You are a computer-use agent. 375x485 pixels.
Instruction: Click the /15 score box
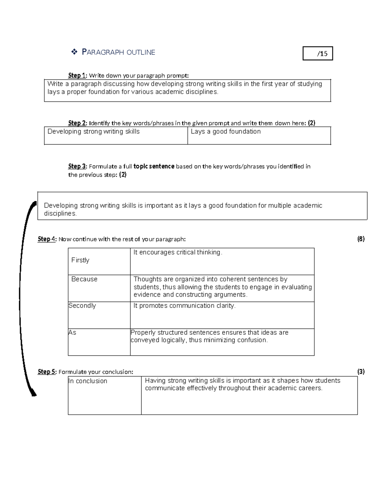coord(317,53)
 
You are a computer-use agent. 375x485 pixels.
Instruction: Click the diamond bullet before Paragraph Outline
coord(74,52)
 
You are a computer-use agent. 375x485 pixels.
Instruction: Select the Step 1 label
coord(77,75)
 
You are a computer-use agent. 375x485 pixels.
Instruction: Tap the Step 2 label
coord(77,123)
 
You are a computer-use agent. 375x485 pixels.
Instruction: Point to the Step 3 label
coord(77,166)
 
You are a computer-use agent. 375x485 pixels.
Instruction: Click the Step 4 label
coord(47,239)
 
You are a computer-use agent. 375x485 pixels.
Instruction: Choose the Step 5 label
coord(47,372)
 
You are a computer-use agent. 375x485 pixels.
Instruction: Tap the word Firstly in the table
coord(80,260)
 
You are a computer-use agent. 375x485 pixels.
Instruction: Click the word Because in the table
coord(84,279)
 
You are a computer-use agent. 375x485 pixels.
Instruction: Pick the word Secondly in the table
coord(82,306)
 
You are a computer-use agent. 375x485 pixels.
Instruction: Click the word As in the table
coord(72,333)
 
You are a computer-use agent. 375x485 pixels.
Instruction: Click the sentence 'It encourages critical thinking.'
coord(178,252)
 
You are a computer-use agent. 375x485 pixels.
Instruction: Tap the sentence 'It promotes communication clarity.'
coord(184,306)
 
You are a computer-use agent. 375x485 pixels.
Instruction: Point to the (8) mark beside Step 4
coord(361,239)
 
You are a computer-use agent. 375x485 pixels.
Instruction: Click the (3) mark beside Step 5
coord(361,372)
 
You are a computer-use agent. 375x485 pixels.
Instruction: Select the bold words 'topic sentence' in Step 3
coord(154,166)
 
